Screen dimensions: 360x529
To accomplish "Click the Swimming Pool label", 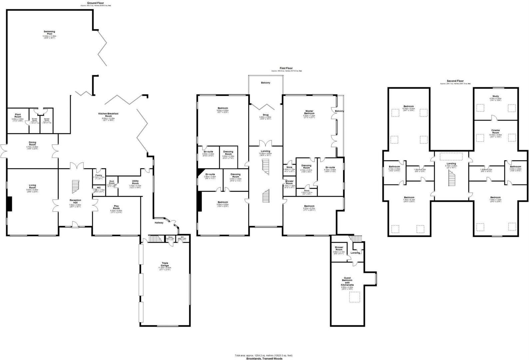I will pos(49,33).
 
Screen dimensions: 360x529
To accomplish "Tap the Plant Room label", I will pos(18,116).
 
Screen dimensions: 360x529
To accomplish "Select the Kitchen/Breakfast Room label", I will pos(110,115).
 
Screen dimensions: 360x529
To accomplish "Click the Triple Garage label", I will pos(165,264).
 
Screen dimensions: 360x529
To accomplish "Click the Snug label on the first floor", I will pos(265,115).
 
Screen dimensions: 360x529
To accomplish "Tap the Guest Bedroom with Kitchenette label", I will pos(347,282).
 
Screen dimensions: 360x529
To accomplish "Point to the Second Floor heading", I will pos(455,81).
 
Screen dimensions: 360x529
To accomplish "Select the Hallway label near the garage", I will pos(159,223).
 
